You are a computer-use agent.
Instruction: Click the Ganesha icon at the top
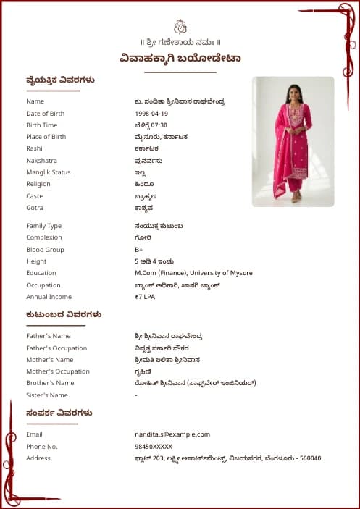(x=180, y=27)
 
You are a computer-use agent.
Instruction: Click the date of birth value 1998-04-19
(x=151, y=114)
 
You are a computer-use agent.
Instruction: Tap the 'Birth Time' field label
(x=41, y=125)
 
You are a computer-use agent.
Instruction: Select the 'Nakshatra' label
(x=41, y=161)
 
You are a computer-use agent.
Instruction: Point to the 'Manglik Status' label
(x=49, y=172)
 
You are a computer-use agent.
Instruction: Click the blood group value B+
(x=139, y=250)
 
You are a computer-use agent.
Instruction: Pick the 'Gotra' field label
(x=35, y=208)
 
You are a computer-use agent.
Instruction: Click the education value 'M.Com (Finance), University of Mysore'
(x=193, y=273)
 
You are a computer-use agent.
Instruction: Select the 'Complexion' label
(x=44, y=237)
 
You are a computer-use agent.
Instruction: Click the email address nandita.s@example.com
(x=172, y=434)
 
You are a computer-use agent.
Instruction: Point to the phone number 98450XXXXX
(x=154, y=447)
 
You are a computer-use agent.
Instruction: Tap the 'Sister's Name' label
(x=47, y=395)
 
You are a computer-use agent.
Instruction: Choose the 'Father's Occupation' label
(x=56, y=348)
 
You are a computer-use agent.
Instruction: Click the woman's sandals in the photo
(x=296, y=197)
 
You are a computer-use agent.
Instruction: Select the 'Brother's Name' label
(x=50, y=383)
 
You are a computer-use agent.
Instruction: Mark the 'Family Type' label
(x=44, y=226)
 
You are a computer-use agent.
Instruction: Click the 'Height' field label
(x=36, y=261)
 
